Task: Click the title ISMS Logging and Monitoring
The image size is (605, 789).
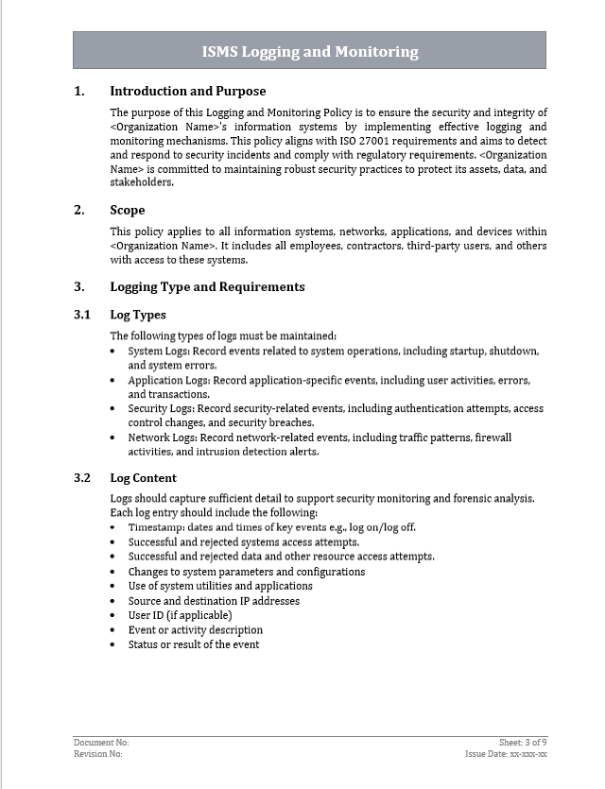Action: pyautogui.click(x=309, y=52)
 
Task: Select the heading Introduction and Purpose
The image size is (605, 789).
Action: pyautogui.click(x=187, y=92)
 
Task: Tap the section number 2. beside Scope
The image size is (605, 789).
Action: pyautogui.click(x=79, y=211)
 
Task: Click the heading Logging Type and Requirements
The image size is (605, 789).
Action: pyautogui.click(x=207, y=286)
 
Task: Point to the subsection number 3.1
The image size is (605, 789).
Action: pyautogui.click(x=82, y=315)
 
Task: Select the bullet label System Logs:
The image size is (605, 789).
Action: pyautogui.click(x=158, y=351)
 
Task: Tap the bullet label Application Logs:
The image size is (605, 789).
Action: pyautogui.click(x=169, y=380)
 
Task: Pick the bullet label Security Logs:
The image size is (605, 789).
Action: pyautogui.click(x=161, y=409)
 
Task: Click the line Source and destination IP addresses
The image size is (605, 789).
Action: pyautogui.click(x=214, y=601)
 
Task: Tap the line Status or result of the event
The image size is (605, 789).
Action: pyautogui.click(x=194, y=644)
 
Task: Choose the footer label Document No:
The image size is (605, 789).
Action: pyautogui.click(x=101, y=743)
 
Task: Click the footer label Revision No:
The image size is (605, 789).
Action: pyautogui.click(x=98, y=754)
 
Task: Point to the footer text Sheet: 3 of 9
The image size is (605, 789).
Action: pyautogui.click(x=524, y=743)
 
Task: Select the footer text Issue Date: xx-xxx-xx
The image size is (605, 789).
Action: pyautogui.click(x=507, y=754)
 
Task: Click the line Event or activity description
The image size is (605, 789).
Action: pyautogui.click(x=196, y=630)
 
